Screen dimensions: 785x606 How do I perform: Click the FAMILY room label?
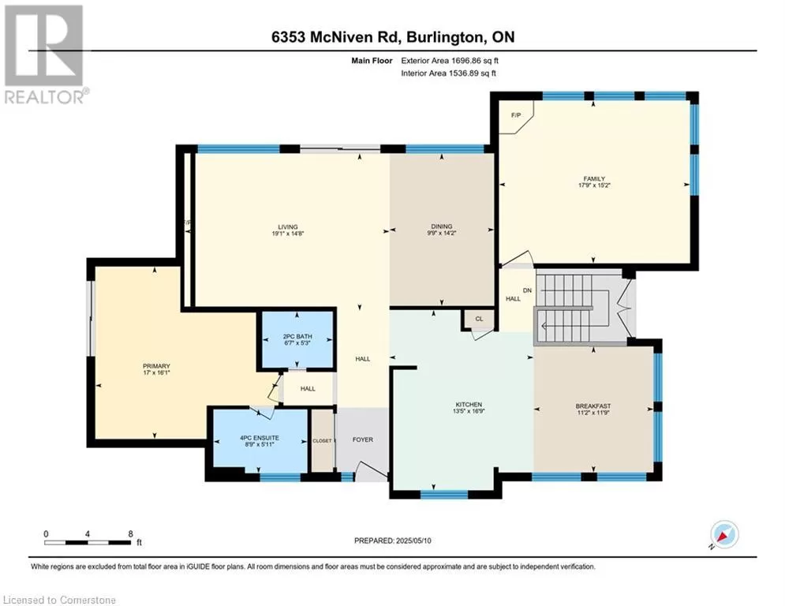coord(594,179)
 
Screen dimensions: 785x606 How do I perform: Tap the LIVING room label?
coord(288,227)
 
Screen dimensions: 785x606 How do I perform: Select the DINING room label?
coord(441,226)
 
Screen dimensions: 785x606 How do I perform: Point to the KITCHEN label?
coord(469,405)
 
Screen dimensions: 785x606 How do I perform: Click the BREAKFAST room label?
coord(593,406)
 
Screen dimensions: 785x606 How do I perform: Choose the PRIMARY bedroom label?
coord(156,366)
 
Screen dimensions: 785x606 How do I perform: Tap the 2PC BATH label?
coord(297,337)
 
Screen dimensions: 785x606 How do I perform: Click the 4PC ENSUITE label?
coord(260,438)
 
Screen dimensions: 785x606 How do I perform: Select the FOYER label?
coord(362,440)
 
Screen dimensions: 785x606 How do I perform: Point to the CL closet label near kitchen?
coord(479,319)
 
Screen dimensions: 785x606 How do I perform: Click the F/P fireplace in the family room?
coord(516,115)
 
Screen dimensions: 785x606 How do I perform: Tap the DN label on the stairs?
coord(527,290)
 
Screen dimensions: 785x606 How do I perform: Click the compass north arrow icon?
coord(724,535)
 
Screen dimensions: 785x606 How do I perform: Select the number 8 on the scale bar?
coord(131,534)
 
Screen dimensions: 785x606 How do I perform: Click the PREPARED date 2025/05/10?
coord(413,541)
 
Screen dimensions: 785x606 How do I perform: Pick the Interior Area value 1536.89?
coord(464,73)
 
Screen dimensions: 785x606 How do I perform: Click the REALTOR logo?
coord(46,54)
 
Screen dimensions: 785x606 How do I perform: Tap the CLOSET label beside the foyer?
coord(322,441)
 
